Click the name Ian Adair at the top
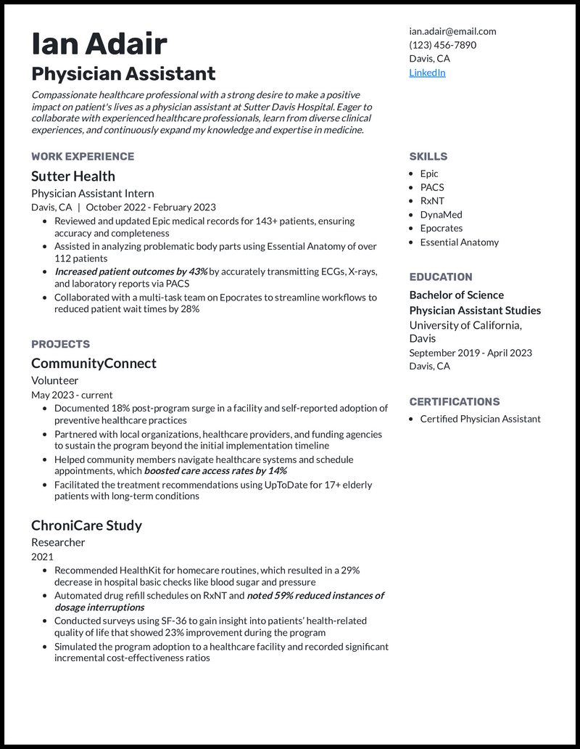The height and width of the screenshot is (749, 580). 99,44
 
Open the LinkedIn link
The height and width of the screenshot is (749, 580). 427,73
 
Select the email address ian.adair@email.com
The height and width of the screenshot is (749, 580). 452,31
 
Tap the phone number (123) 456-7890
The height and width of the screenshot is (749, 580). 442,45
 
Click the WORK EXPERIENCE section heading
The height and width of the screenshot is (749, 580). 83,156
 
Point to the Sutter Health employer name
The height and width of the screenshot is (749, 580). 73,176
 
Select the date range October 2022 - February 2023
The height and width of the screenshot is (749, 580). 151,207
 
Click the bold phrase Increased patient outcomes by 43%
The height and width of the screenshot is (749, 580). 131,271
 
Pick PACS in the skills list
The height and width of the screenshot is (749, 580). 432,187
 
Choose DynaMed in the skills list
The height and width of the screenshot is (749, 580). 441,215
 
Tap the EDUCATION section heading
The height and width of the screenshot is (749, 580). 441,277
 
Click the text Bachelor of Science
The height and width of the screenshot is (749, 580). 457,295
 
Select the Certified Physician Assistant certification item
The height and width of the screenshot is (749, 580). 480,419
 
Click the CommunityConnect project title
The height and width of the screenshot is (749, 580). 94,364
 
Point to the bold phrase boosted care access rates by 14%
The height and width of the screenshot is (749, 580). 215,471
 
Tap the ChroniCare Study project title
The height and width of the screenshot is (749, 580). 86,525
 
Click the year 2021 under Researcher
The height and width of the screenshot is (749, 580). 42,557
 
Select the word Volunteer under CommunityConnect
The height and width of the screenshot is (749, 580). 55,380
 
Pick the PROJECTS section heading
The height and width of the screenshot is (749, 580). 61,344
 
